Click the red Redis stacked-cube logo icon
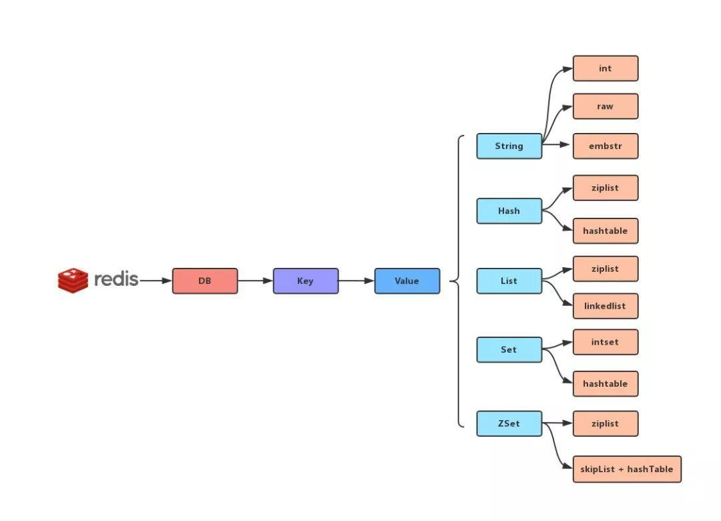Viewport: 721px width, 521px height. pyautogui.click(x=73, y=281)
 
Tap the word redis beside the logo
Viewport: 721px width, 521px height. pyautogui.click(x=116, y=279)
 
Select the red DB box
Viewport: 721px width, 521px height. pyautogui.click(x=205, y=281)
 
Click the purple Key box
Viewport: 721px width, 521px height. pyautogui.click(x=306, y=281)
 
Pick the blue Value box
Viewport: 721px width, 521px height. pyautogui.click(x=407, y=281)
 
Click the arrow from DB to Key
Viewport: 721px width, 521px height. pyautogui.click(x=255, y=281)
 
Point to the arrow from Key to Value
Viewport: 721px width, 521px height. pyautogui.click(x=356, y=281)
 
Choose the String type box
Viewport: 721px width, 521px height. pyautogui.click(x=509, y=146)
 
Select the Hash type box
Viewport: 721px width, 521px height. pyautogui.click(x=509, y=211)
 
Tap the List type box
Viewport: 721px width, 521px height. pyautogui.click(x=509, y=281)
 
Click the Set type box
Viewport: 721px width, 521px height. pyautogui.click(x=509, y=350)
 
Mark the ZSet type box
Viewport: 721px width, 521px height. pyautogui.click(x=509, y=424)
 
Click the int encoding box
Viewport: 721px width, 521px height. pyautogui.click(x=606, y=69)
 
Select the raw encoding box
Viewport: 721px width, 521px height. pyautogui.click(x=606, y=107)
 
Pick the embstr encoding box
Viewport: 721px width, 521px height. pyautogui.click(x=606, y=146)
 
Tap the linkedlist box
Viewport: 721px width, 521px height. pyautogui.click(x=606, y=307)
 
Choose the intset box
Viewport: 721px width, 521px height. pyautogui.click(x=606, y=343)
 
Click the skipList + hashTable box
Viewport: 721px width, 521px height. pyautogui.click(x=627, y=470)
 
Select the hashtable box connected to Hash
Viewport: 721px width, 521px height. pyautogui.click(x=606, y=231)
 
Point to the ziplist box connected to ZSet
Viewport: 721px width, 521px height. pyautogui.click(x=606, y=424)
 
